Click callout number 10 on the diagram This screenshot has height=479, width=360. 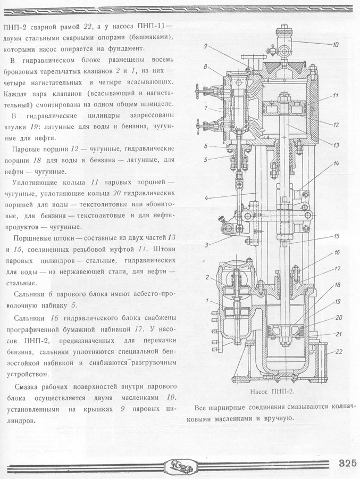(335, 45)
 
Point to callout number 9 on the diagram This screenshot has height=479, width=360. (205, 47)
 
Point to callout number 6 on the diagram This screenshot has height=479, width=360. (205, 145)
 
